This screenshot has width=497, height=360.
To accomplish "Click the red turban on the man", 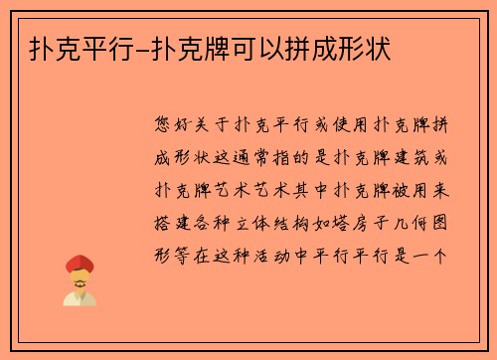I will coord(79,264).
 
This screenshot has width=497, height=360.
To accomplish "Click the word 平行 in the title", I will coord(97,48).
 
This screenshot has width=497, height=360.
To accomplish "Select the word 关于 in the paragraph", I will coord(218,125).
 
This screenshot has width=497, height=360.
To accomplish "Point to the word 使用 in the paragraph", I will coord(347,125).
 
